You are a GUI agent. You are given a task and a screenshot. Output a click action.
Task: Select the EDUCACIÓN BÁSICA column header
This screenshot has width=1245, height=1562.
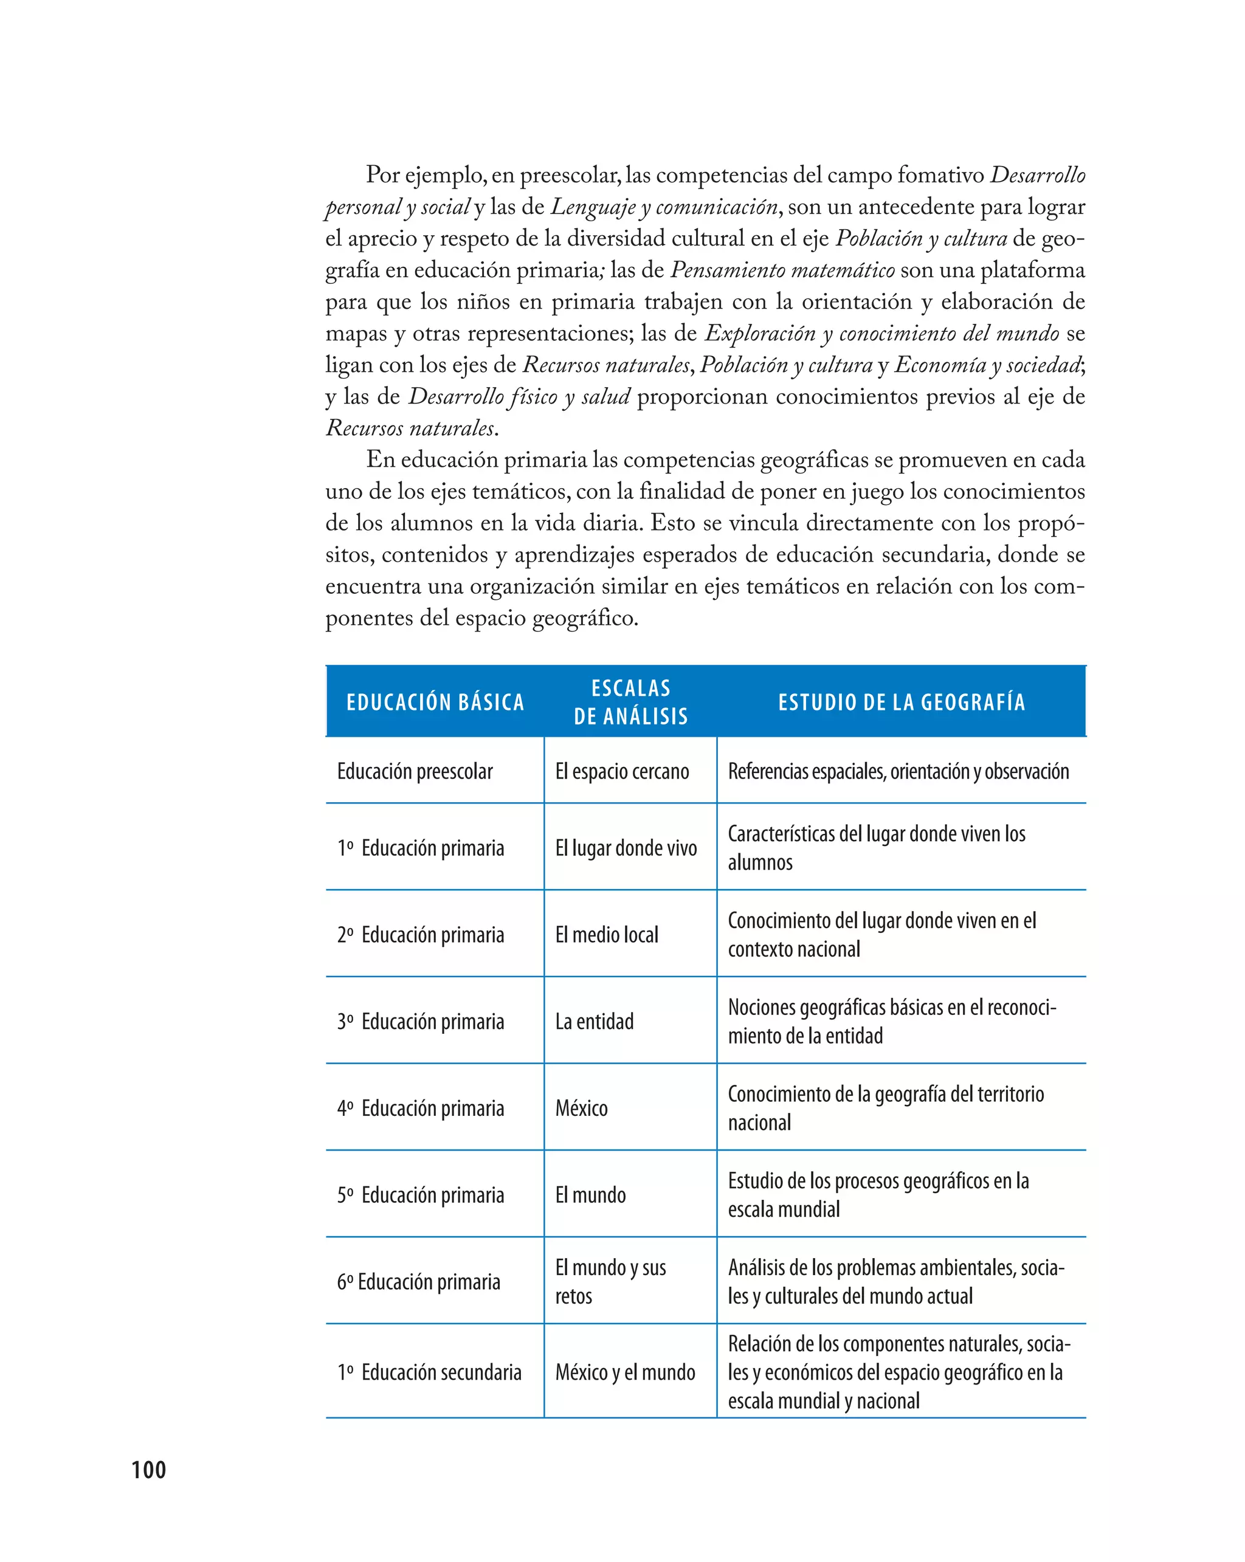pyautogui.click(x=435, y=702)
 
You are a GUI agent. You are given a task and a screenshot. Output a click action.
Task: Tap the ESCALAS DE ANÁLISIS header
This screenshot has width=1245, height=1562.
pyautogui.click(x=630, y=702)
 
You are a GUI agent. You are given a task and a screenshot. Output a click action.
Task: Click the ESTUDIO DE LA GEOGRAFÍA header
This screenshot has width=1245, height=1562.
pyautogui.click(x=902, y=702)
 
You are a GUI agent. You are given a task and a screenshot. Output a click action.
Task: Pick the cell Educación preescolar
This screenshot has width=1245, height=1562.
pyautogui.click(x=415, y=772)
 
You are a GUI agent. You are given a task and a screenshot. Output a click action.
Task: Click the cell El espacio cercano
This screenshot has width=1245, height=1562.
pyautogui.click(x=622, y=772)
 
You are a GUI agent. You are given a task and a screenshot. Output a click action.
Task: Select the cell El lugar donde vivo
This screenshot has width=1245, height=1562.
pyautogui.click(x=626, y=848)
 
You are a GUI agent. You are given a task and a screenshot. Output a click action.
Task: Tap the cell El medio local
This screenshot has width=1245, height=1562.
pyautogui.click(x=607, y=935)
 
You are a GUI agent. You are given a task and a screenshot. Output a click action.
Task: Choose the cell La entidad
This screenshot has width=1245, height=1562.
pyautogui.click(x=595, y=1022)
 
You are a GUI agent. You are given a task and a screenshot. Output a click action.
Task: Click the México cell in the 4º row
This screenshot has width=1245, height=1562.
pyautogui.click(x=581, y=1109)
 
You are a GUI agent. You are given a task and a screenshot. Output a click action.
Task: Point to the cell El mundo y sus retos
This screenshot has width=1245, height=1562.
pyautogui.click(x=610, y=1282)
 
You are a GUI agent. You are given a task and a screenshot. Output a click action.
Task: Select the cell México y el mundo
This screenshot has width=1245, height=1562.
pyautogui.click(x=625, y=1372)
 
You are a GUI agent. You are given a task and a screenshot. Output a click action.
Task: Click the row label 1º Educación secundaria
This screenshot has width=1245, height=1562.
pyautogui.click(x=429, y=1372)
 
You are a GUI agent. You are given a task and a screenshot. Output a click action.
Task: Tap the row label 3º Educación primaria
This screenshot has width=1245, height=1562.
pyautogui.click(x=420, y=1022)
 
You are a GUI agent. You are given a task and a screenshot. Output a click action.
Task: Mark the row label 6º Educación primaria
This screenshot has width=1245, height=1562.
pyautogui.click(x=418, y=1282)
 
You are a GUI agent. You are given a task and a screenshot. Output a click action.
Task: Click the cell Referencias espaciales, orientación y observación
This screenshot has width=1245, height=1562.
pyautogui.click(x=898, y=772)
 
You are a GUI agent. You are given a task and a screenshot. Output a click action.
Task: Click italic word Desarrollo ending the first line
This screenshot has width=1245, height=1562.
pyautogui.click(x=1038, y=175)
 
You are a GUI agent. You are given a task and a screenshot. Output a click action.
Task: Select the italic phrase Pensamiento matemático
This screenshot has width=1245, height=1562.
pyautogui.click(x=782, y=270)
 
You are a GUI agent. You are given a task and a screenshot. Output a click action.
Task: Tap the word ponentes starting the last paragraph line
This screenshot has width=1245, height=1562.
pyautogui.click(x=370, y=618)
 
